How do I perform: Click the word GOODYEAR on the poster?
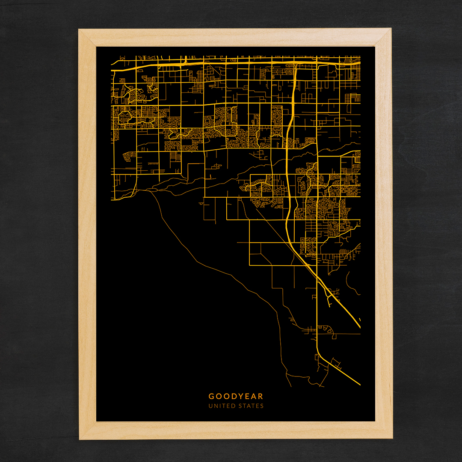point(236,397)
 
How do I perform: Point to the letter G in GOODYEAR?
point(211,397)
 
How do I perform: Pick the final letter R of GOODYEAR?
point(261,397)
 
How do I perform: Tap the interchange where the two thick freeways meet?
point(296,64)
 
